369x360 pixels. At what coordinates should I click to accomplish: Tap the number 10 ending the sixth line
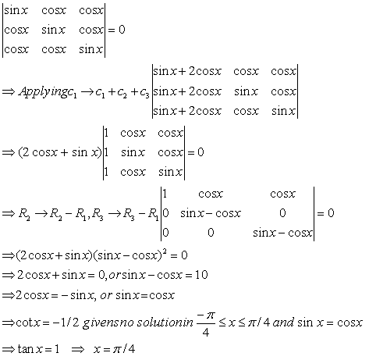point(201,275)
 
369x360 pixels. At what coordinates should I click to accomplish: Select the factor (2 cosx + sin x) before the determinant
point(60,152)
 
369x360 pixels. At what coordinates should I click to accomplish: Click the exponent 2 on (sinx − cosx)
point(165,251)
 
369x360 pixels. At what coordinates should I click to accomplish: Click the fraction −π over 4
point(206,324)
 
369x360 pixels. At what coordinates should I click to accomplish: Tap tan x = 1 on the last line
point(38,349)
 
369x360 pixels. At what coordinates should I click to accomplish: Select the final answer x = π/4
point(114,349)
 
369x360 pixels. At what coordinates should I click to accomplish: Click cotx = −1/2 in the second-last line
point(48,323)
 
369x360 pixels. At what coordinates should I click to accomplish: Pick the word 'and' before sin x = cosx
point(283,323)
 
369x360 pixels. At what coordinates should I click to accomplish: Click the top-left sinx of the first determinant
point(16,10)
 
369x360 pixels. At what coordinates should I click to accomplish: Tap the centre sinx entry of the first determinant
point(53,30)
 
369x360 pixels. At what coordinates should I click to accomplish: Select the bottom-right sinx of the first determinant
point(91,49)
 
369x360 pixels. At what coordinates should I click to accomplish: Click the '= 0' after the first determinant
point(116,30)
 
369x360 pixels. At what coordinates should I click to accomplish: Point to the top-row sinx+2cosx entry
point(187,71)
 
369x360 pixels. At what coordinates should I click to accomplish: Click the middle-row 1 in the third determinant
point(106,152)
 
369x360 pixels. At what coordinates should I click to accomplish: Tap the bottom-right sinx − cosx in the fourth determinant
point(282,233)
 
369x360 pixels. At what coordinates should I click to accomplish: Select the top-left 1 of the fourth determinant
point(165,194)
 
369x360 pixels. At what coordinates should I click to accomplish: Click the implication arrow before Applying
point(9,92)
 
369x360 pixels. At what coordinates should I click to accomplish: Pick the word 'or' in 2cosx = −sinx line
point(106,296)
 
